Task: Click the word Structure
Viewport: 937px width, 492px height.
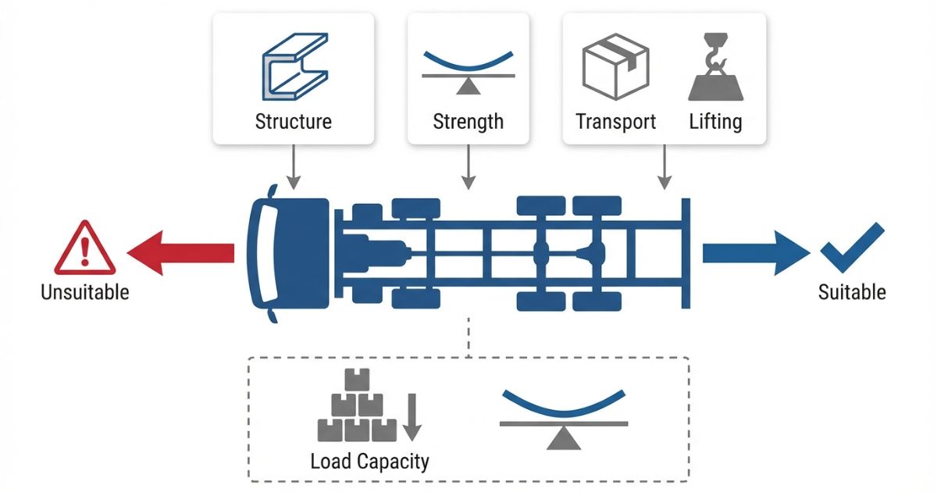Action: [x=293, y=122]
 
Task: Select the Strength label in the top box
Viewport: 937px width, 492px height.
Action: [x=468, y=122]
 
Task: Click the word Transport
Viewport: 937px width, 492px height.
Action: [x=615, y=122]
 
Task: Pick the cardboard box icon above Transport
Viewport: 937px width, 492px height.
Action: [x=616, y=70]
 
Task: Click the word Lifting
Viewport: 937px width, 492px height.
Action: [x=715, y=122]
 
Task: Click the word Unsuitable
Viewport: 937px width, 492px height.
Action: [x=85, y=293]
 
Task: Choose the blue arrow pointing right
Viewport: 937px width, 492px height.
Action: [x=756, y=252]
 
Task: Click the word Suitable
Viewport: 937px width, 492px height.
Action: [x=852, y=293]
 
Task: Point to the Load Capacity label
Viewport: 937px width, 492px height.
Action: [x=369, y=461]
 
